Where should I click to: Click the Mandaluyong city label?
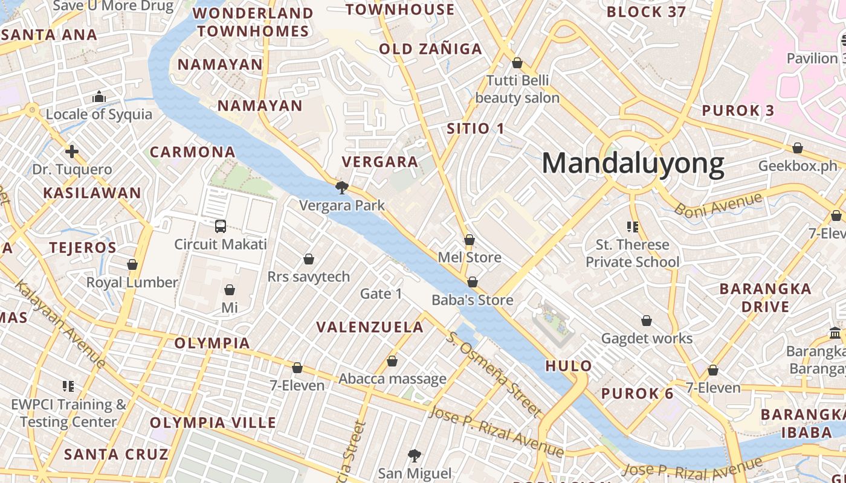633,164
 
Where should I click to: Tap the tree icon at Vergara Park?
341,188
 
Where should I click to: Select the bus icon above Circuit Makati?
221,226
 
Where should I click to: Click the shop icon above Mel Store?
469,240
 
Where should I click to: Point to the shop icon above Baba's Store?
473,282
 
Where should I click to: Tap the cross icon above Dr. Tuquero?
72,152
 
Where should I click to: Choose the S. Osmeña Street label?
494,374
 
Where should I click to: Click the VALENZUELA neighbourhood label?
370,327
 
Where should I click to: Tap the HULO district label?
569,366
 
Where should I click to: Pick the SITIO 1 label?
475,128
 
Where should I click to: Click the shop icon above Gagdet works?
647,321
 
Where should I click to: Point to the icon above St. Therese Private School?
632,227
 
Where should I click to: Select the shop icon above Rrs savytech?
309,259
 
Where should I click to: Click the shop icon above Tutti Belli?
517,63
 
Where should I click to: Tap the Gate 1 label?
381,294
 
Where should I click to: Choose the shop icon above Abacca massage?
392,361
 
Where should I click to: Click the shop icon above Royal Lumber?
132,264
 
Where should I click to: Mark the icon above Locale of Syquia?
99,97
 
